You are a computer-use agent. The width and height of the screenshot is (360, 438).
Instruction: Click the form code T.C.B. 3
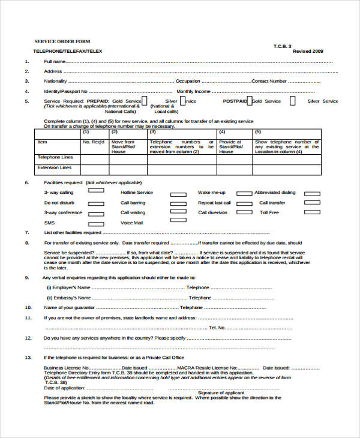[282, 46]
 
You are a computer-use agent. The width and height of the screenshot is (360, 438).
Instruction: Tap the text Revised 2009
[307, 52]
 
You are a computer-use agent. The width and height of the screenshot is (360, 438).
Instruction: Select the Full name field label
[55, 61]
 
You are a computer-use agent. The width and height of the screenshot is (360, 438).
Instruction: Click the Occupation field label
[188, 81]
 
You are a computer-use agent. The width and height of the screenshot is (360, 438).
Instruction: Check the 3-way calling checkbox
[95, 192]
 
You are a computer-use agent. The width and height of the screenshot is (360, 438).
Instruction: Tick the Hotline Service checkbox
[178, 194]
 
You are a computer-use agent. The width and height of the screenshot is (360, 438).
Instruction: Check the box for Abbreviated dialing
[312, 194]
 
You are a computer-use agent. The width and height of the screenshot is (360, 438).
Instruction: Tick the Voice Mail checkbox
[178, 224]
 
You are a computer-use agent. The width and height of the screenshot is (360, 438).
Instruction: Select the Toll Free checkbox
[312, 214]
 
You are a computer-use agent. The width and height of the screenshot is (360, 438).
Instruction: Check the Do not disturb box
[95, 202]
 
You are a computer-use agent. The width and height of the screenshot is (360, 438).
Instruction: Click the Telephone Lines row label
[55, 157]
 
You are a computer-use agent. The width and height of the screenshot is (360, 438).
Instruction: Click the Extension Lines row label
[55, 168]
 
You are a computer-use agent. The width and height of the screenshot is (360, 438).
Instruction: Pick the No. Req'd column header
[94, 142]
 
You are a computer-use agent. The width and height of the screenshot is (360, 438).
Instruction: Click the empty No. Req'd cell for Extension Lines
[95, 170]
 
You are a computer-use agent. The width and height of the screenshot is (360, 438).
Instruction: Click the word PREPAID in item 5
[98, 101]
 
